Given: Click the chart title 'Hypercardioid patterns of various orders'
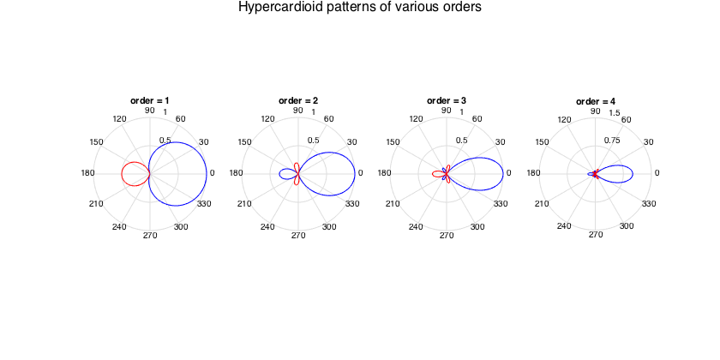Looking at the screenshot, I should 359,8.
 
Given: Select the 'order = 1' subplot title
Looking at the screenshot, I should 149,100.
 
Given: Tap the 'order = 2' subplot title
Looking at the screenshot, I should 297,100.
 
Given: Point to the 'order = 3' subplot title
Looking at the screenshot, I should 447,100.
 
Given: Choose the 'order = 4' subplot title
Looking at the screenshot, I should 595,100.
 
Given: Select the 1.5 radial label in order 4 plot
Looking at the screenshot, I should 615,113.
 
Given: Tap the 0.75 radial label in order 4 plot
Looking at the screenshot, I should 611,141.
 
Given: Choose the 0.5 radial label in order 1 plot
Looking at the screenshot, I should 165,141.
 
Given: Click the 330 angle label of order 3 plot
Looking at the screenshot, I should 501,204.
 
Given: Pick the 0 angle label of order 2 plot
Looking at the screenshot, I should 360,174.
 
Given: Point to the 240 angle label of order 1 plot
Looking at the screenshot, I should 119,227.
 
